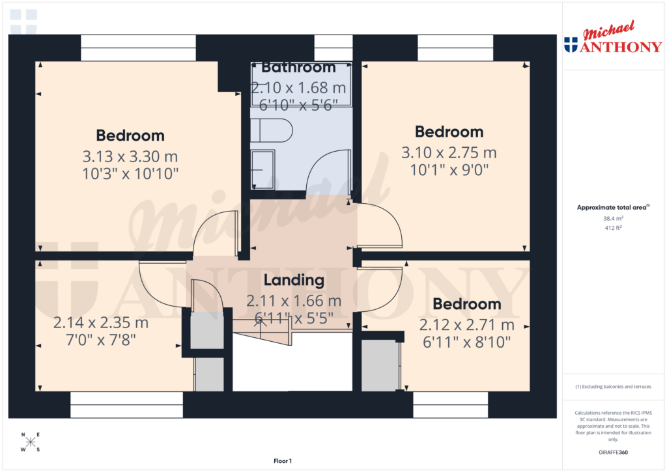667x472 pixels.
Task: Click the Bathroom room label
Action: (x=298, y=68)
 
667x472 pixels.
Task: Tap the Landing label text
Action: (x=293, y=281)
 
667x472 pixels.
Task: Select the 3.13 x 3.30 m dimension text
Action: (x=130, y=157)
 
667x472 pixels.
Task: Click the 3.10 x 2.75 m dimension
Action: (x=449, y=153)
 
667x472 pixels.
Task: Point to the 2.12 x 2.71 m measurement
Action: (x=466, y=325)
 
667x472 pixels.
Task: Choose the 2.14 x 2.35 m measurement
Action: (x=101, y=322)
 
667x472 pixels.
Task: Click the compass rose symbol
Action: (x=30, y=443)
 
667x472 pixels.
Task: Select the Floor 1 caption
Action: (x=282, y=461)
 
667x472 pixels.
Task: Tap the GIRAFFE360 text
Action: (x=613, y=452)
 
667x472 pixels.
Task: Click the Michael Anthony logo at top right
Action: (x=612, y=40)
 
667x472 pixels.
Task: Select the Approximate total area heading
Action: (x=612, y=208)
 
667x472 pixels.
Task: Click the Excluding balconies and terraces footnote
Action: (x=612, y=387)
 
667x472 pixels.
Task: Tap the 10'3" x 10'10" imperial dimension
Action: (x=130, y=174)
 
